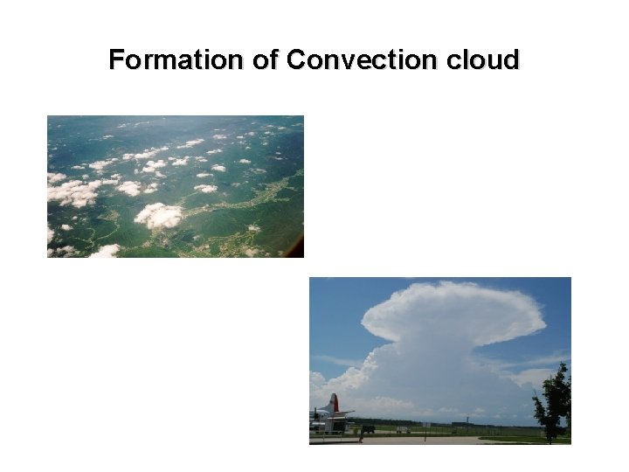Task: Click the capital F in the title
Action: coord(115,60)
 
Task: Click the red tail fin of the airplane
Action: coord(333,404)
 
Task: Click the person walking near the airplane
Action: coord(360,434)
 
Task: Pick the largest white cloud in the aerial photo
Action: coord(158,215)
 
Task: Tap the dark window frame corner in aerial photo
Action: coord(299,249)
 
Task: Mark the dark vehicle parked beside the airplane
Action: coord(368,429)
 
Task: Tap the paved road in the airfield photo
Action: coord(437,440)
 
